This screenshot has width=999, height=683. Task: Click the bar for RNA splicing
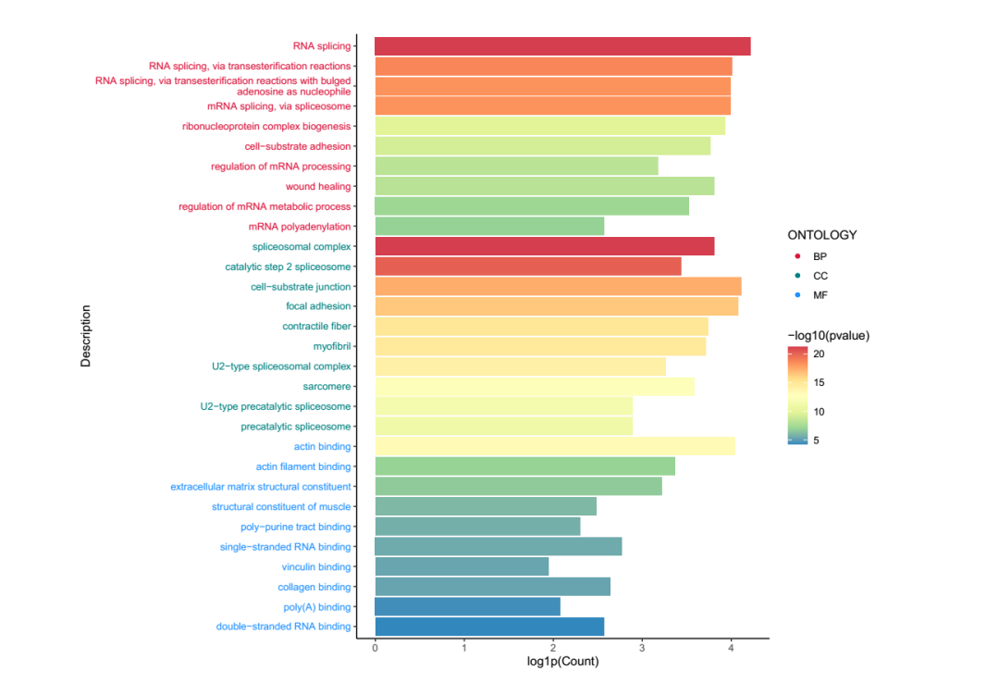(x=562, y=46)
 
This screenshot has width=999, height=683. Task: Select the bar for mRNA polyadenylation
(x=489, y=226)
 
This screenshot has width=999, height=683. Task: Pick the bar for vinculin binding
(x=462, y=566)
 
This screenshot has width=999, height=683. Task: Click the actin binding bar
(x=555, y=446)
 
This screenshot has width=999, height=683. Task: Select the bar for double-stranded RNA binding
(x=489, y=627)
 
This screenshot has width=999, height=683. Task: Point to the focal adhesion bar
(x=556, y=306)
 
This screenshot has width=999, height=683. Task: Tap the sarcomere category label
(x=327, y=386)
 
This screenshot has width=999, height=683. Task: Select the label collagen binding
(x=314, y=587)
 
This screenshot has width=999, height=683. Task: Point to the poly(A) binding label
(x=317, y=607)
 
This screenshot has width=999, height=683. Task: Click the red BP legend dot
(x=796, y=256)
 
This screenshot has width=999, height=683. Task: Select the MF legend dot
(x=796, y=295)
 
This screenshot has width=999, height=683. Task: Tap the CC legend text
(x=820, y=276)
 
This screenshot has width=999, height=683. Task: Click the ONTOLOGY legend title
(x=822, y=235)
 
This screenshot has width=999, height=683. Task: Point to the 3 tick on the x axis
(x=642, y=649)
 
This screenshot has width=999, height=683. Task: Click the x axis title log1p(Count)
(x=562, y=662)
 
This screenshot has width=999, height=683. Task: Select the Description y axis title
(x=86, y=337)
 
